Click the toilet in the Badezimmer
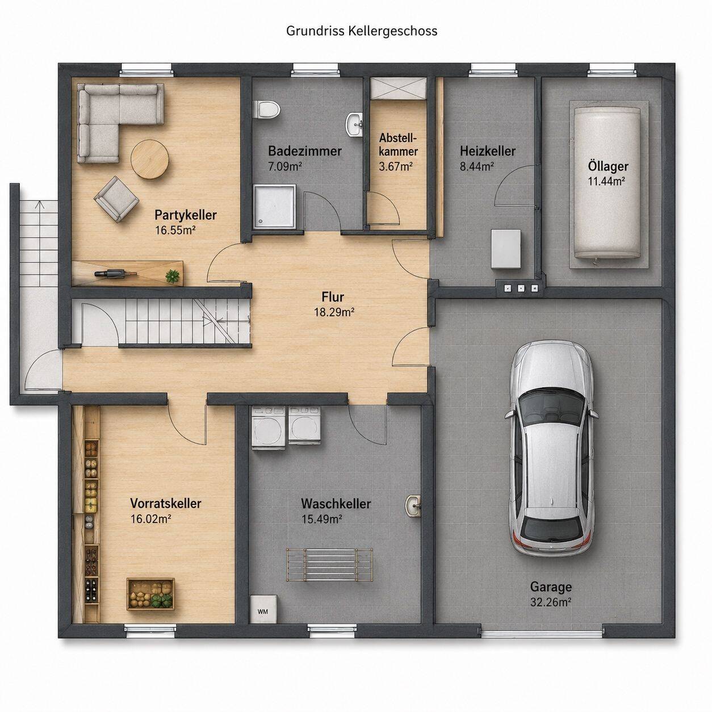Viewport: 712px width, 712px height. coord(266,110)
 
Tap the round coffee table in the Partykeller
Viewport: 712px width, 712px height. coord(150,160)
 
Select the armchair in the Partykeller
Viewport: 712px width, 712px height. coord(116,199)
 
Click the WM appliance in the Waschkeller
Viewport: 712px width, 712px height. coord(263,612)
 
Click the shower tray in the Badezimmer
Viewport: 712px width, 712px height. coord(275,206)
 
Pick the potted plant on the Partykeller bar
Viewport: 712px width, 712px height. coord(173,275)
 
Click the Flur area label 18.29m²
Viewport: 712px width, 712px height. coord(334,312)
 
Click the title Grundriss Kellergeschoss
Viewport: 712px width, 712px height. coord(362,31)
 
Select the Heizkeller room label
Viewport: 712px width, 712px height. coord(488,151)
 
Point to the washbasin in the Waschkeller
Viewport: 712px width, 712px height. coord(413,505)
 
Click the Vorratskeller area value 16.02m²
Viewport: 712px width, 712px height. coord(151,519)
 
